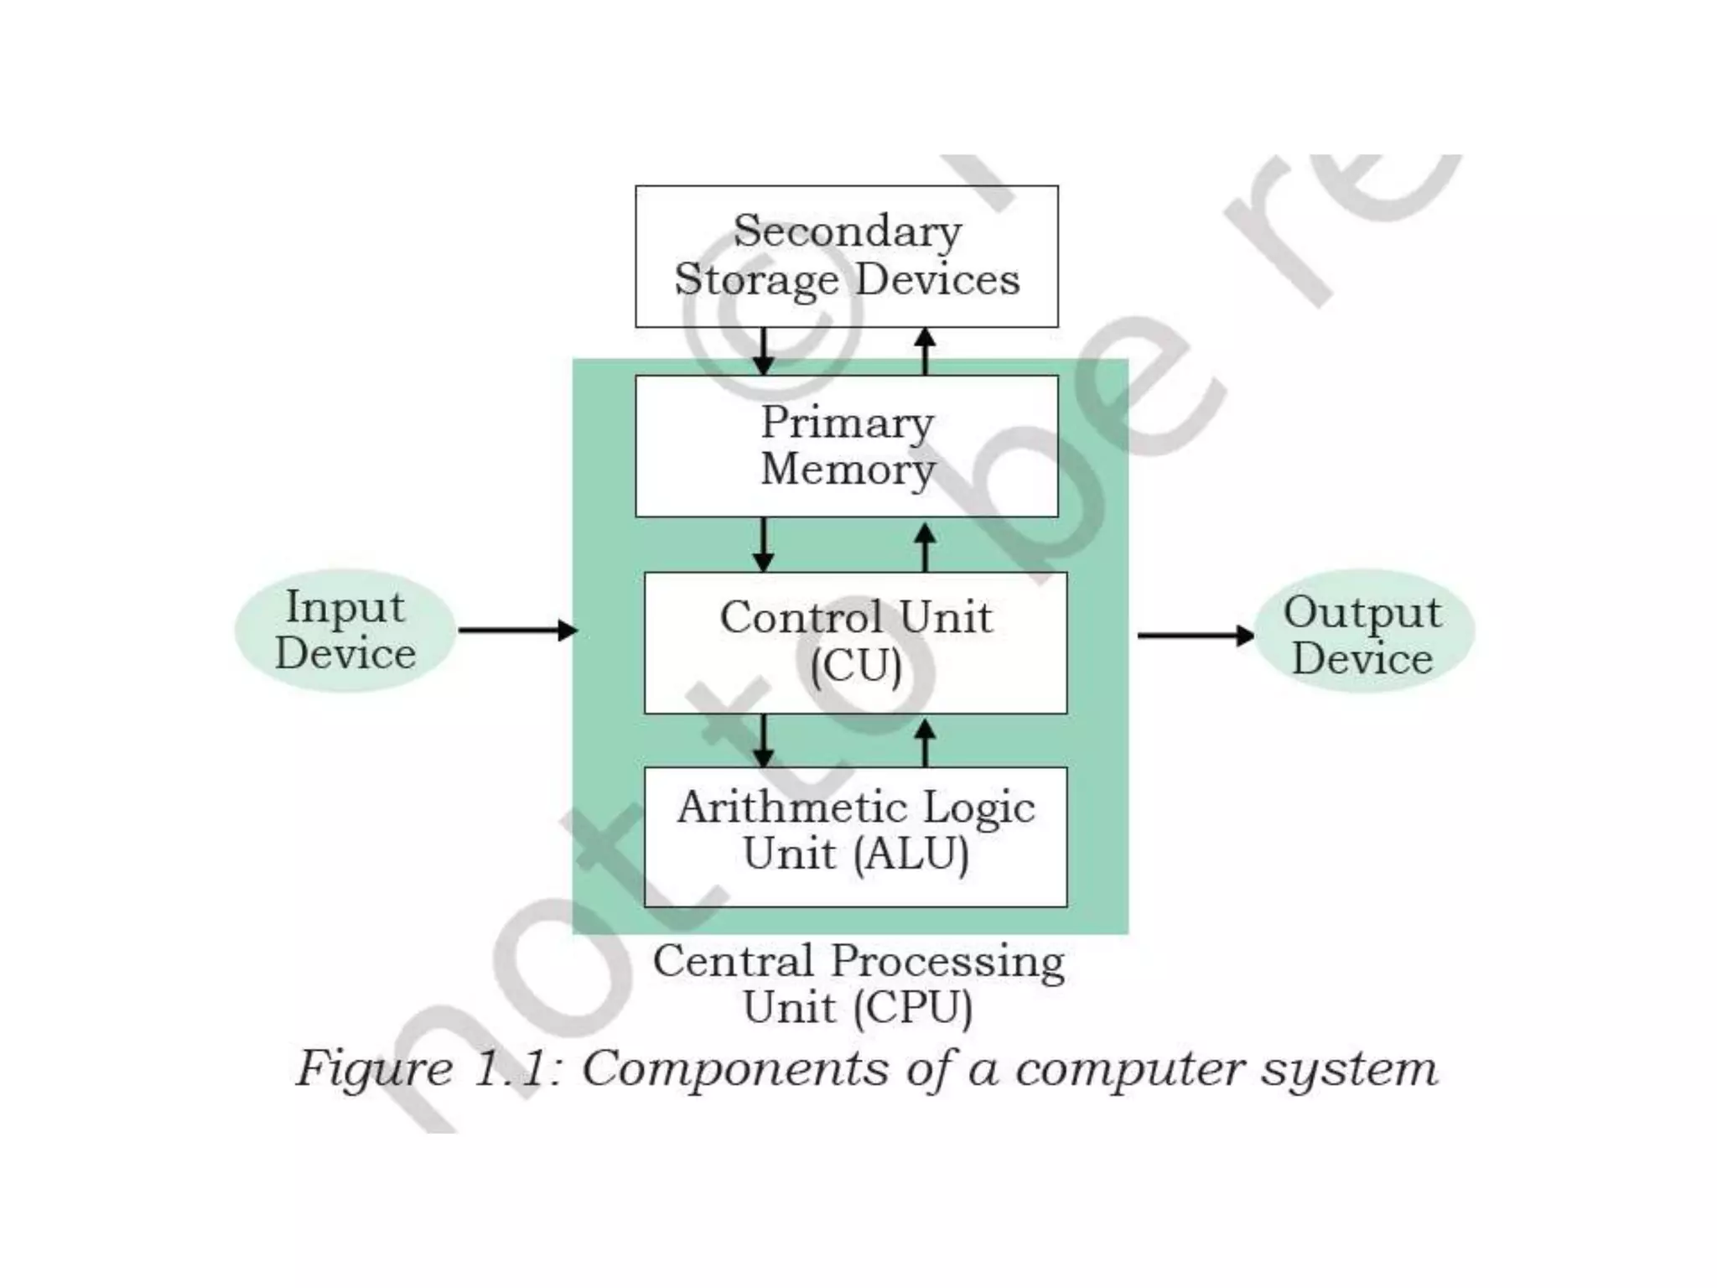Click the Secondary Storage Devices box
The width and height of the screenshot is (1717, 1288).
click(846, 256)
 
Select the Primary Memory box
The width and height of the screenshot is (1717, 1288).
click(846, 445)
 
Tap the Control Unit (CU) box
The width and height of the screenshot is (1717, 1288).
click(855, 642)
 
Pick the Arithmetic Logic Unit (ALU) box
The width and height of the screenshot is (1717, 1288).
click(855, 836)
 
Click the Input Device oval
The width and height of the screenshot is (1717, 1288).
click(345, 631)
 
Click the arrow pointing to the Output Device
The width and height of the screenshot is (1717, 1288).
click(1195, 635)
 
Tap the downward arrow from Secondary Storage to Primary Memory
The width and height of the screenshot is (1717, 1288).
click(763, 351)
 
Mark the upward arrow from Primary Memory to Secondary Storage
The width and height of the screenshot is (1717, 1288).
click(925, 351)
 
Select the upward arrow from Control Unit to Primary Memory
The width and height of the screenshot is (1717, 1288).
click(925, 547)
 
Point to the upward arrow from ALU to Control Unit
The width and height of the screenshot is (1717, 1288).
click(925, 742)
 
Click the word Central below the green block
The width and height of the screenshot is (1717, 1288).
click(733, 961)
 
